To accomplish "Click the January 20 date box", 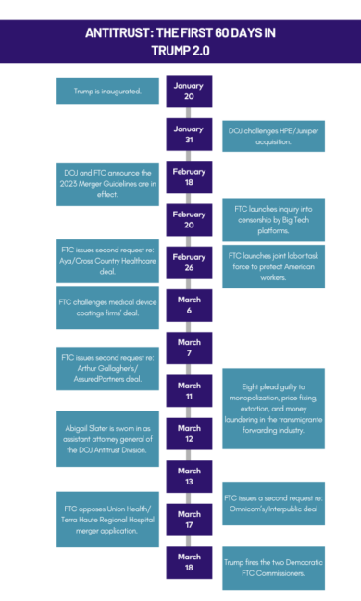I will (x=189, y=92).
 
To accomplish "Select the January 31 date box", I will (x=189, y=134).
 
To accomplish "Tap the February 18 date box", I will (x=189, y=177).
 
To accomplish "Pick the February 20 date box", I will (x=189, y=220).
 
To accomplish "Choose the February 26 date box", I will (x=189, y=263).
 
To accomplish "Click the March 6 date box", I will (x=189, y=305).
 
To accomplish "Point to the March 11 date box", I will (x=189, y=391).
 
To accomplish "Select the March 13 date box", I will (x=189, y=476).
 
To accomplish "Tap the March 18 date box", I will (x=189, y=562).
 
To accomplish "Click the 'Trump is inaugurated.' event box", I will (x=107, y=92).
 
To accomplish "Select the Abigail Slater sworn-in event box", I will (x=107, y=433).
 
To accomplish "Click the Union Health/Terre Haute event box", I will (x=107, y=517).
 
